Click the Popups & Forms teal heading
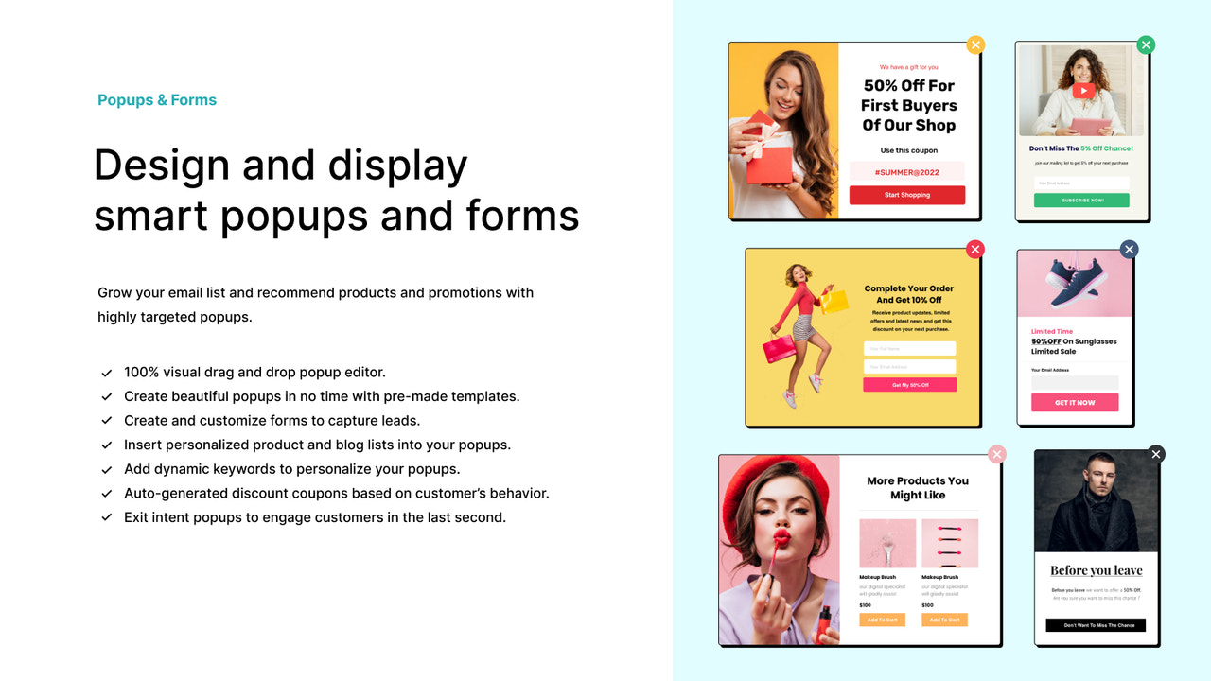tap(157, 100)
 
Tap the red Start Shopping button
tap(906, 195)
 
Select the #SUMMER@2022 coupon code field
tap(906, 172)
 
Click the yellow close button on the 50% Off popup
tap(975, 44)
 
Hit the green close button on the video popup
tap(1146, 44)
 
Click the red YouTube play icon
tap(1084, 91)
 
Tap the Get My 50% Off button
tap(909, 385)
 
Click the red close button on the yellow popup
tap(975, 249)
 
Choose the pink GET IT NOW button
tap(1075, 402)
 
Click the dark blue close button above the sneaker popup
tap(1129, 249)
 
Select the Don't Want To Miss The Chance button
tap(1095, 625)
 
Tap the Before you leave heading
tap(1096, 570)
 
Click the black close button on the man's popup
tap(1155, 454)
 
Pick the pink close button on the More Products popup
tap(996, 454)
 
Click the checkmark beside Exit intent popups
tap(107, 517)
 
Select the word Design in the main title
tap(162, 166)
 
